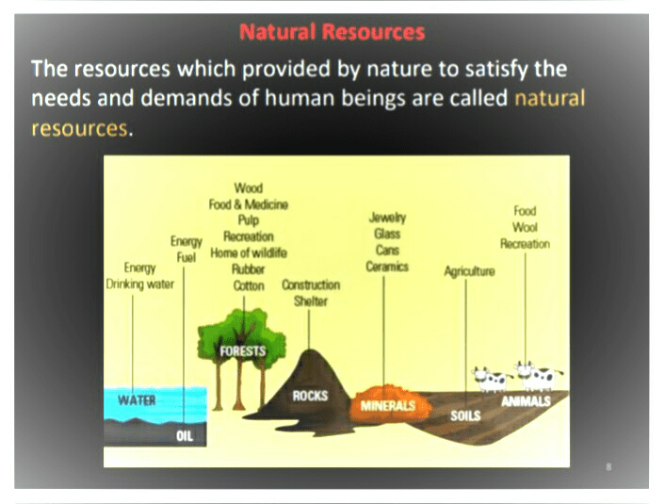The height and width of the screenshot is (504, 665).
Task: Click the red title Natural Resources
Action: [332, 32]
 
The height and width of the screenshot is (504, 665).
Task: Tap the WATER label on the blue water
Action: [137, 399]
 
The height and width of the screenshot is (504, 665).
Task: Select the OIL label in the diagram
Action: [185, 436]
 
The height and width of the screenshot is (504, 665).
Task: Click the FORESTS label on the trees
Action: [242, 351]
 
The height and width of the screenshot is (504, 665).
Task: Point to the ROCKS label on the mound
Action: [310, 396]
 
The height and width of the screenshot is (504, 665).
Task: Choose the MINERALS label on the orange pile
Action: [388, 407]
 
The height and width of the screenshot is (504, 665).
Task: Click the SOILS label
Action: [465, 415]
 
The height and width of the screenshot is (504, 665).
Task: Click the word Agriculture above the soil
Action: [469, 271]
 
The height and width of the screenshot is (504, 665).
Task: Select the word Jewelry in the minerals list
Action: [387, 218]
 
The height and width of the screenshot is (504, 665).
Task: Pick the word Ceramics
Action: [387, 267]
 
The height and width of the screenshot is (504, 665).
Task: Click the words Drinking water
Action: [140, 284]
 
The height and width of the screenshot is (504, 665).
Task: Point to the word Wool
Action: [525, 227]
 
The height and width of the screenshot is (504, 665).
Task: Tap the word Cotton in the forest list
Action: [249, 285]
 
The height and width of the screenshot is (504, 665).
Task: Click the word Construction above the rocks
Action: [311, 285]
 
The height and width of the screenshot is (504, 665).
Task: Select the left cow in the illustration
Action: [491, 379]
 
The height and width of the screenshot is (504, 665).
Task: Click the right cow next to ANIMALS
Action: [538, 375]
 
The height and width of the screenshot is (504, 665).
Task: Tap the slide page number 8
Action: [609, 466]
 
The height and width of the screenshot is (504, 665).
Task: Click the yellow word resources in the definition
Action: [78, 127]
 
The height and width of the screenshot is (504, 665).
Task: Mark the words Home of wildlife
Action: [249, 252]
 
